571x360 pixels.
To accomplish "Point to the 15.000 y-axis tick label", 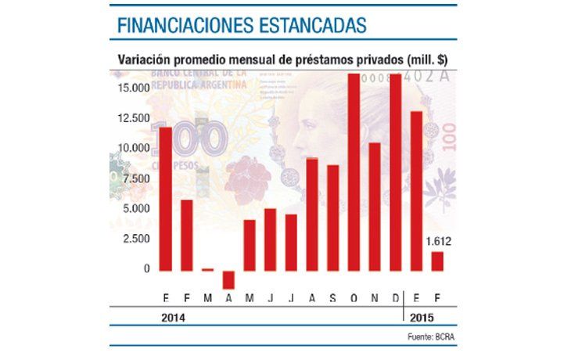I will tap(135, 88).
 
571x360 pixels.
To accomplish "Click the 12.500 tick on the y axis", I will tap(135, 118).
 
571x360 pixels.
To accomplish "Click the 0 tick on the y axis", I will tap(146, 269).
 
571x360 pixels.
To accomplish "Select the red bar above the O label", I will tap(354, 172).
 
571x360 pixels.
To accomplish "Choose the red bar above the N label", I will tap(375, 207).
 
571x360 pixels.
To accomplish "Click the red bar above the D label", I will tap(396, 172).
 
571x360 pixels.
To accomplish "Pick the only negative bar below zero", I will tap(228, 279).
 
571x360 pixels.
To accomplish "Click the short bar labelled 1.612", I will tap(437, 261).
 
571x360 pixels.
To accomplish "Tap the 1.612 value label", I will tap(438, 241).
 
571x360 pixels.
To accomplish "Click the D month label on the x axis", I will tap(396, 299).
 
